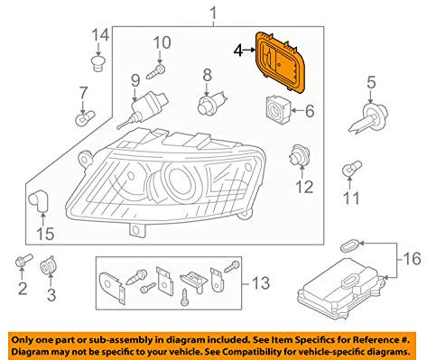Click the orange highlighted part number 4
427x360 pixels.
(x=280, y=62)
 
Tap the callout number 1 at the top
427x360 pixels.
(x=213, y=14)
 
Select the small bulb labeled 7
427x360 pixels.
(x=85, y=118)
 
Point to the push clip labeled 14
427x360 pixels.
(x=97, y=63)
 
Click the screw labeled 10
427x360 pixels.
(x=155, y=72)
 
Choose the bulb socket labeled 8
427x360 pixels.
(x=210, y=103)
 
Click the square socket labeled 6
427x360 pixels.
(x=278, y=109)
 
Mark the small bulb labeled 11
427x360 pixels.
(x=352, y=168)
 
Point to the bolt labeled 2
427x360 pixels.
(x=23, y=261)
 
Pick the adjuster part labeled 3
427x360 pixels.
(x=48, y=265)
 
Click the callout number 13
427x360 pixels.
(x=261, y=283)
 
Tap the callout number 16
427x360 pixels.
(x=412, y=259)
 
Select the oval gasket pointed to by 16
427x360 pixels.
(x=350, y=246)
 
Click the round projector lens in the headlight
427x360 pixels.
(x=178, y=180)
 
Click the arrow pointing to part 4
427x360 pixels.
(x=249, y=51)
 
